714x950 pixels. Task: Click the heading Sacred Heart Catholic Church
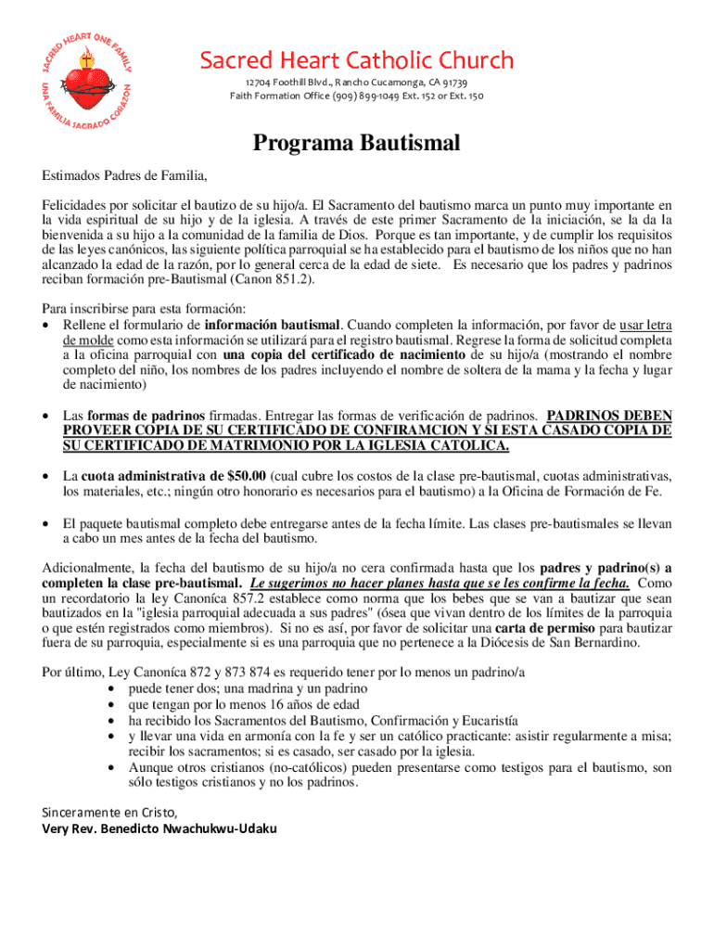[356, 61]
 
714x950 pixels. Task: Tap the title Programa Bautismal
[357, 144]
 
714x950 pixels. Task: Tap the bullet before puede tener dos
[112, 689]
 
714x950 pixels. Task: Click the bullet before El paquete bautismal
[47, 523]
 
